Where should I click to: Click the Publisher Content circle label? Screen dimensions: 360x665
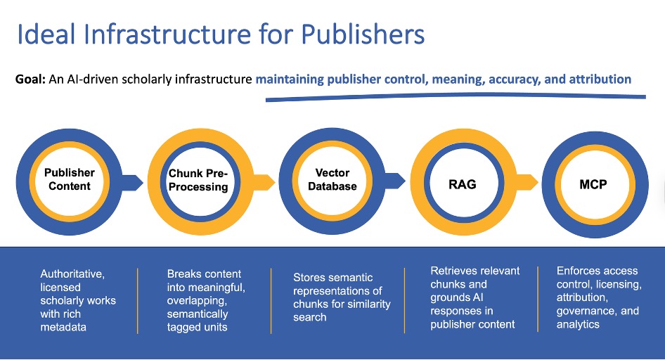(x=69, y=179)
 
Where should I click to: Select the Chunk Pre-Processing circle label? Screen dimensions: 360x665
(x=198, y=180)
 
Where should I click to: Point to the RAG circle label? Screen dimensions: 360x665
(x=462, y=184)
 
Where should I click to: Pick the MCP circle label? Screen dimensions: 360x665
(x=594, y=184)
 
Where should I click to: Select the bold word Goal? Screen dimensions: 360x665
(x=30, y=79)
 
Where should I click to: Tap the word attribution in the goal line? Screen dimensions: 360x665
(x=598, y=79)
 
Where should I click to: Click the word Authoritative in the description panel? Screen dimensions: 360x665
(x=74, y=274)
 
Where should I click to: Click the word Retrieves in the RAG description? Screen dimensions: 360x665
(x=453, y=271)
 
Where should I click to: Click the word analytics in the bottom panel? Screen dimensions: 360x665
(x=578, y=324)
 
